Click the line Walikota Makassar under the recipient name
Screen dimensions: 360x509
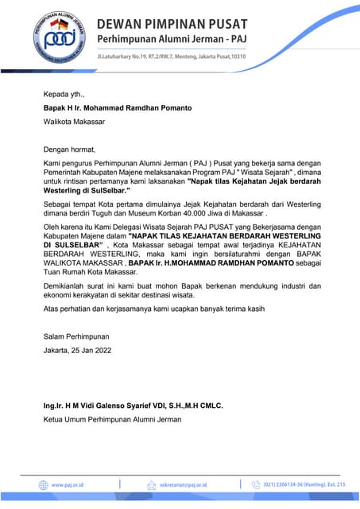click(73, 122)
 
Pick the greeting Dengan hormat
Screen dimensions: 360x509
click(69, 149)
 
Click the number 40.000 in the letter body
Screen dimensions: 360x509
click(216, 214)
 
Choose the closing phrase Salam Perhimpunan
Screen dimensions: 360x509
click(76, 336)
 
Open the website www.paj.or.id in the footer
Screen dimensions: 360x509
click(68, 484)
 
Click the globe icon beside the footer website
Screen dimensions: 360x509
click(44, 484)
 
